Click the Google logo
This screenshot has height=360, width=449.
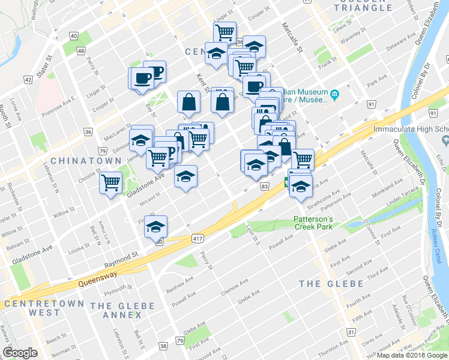pos(20,353)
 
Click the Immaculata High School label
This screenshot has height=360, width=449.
pos(411,129)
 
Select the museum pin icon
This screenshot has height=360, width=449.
pos(334,95)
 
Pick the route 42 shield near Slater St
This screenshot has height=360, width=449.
pos(28,79)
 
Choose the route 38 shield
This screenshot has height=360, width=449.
pos(163,346)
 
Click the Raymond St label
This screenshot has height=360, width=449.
pos(121,259)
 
